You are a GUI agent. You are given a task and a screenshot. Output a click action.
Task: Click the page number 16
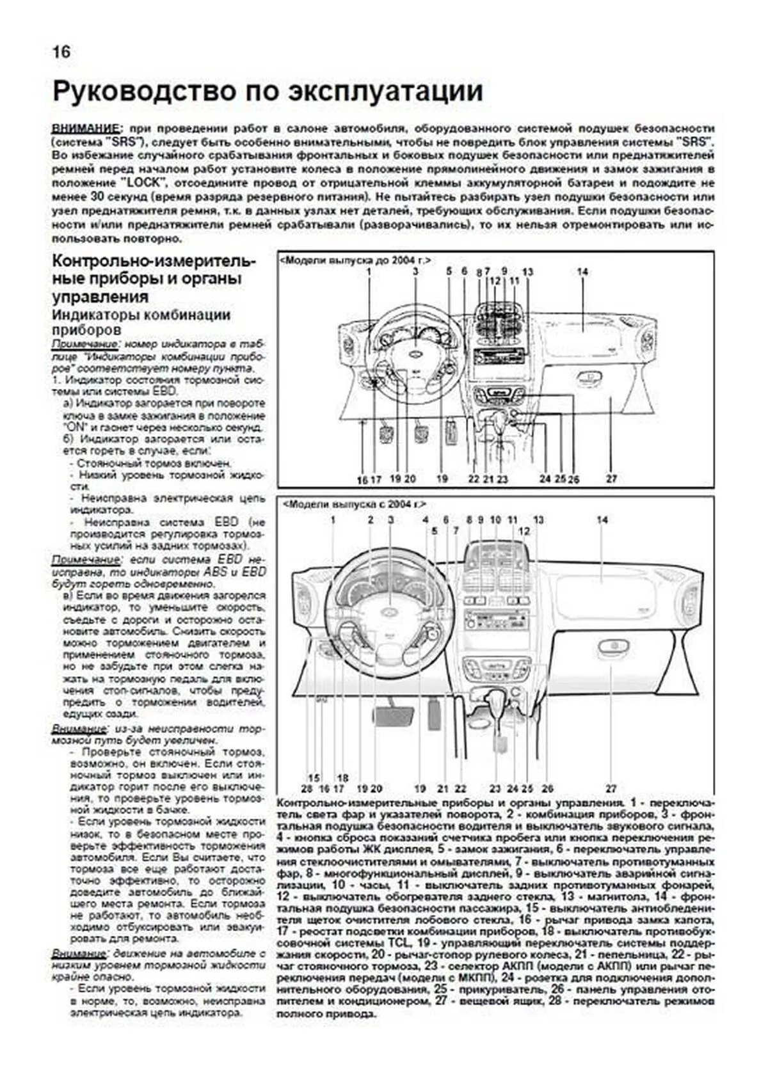[x=61, y=52]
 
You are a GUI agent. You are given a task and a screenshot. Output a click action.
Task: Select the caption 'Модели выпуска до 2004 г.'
[x=355, y=260]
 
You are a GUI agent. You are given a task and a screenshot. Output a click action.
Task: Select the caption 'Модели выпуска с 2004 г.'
[x=354, y=504]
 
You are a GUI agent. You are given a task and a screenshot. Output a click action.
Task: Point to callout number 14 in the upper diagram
[x=582, y=272]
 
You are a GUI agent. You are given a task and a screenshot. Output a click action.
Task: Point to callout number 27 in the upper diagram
[x=611, y=479]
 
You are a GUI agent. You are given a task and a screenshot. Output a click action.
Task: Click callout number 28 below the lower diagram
[x=307, y=789]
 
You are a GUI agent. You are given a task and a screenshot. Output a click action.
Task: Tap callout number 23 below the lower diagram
[x=495, y=789]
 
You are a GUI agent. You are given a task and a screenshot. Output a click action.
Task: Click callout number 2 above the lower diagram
[x=371, y=520]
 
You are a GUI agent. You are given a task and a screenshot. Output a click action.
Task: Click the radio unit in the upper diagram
[x=498, y=356]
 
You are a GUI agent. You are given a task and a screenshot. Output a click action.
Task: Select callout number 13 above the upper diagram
[x=527, y=272]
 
